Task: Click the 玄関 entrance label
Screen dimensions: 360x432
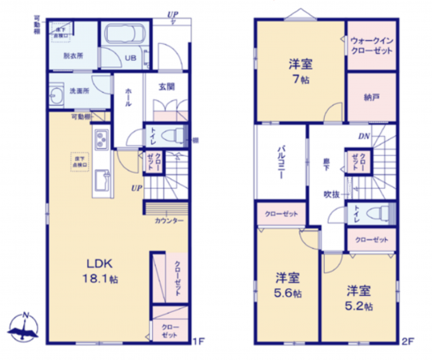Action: coord(166,87)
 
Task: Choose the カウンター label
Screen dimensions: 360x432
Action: coord(169,220)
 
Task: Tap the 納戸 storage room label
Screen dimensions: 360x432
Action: coord(370,97)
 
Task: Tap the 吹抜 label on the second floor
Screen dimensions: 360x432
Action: coord(332,194)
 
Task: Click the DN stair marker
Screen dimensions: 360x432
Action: coord(362,137)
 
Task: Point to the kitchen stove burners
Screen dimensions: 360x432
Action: coord(101,142)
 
